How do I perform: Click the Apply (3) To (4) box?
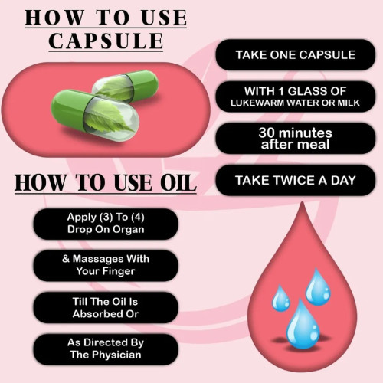click(105, 223)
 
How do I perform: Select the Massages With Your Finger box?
click(105, 265)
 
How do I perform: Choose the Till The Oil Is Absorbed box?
click(105, 307)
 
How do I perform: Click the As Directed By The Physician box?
click(105, 349)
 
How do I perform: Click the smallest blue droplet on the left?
click(281, 299)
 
